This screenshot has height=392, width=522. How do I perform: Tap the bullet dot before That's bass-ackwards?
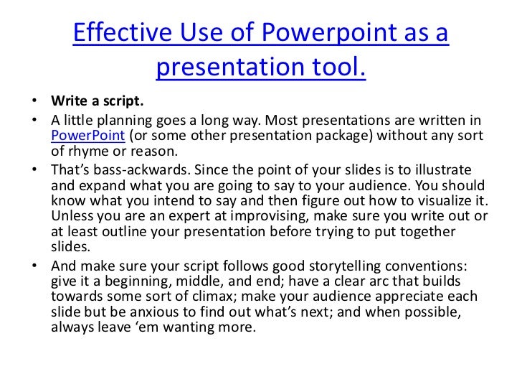(x=35, y=170)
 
